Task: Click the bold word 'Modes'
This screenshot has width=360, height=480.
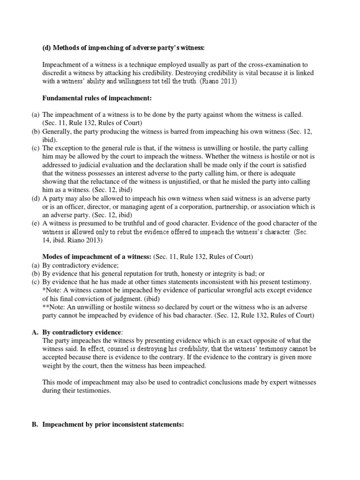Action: click(53, 256)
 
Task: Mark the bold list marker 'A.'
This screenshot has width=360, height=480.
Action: click(35, 332)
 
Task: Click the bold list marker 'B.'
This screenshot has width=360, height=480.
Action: click(35, 424)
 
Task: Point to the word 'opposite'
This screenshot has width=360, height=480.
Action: click(269, 340)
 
